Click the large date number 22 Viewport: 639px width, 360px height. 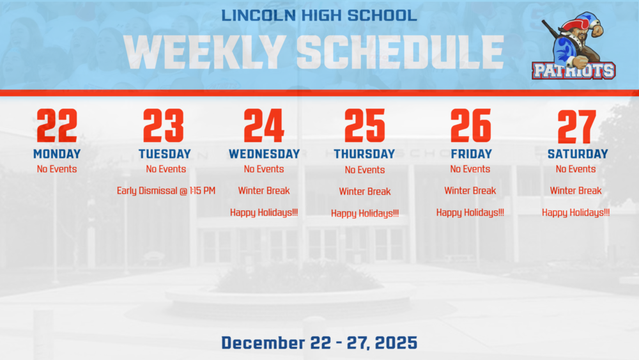pyautogui.click(x=57, y=126)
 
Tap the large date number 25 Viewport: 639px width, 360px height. pyautogui.click(x=365, y=126)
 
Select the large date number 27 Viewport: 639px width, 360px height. pyautogui.click(x=577, y=127)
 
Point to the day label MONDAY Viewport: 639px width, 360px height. pyautogui.click(x=57, y=154)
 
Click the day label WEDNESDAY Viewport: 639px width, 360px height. pyautogui.click(x=264, y=154)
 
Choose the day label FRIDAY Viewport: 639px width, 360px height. pyautogui.click(x=471, y=154)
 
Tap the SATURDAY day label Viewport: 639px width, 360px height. pyautogui.click(x=578, y=154)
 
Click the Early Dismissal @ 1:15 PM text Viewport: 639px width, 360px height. pyautogui.click(x=166, y=191)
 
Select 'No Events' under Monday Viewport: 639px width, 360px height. pyautogui.click(x=57, y=169)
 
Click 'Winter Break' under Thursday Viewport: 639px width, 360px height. pyautogui.click(x=365, y=191)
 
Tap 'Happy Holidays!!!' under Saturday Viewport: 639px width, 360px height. pyautogui.click(x=576, y=213)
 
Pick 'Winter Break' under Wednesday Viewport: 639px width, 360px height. pyautogui.click(x=264, y=191)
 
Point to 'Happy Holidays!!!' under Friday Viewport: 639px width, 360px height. pyautogui.click(x=470, y=213)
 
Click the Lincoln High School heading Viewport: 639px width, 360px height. pyautogui.click(x=319, y=15)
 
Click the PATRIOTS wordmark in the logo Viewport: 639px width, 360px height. pyautogui.click(x=574, y=70)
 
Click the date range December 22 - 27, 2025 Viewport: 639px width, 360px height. pyautogui.click(x=319, y=343)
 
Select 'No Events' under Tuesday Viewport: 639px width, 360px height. pyautogui.click(x=166, y=169)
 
